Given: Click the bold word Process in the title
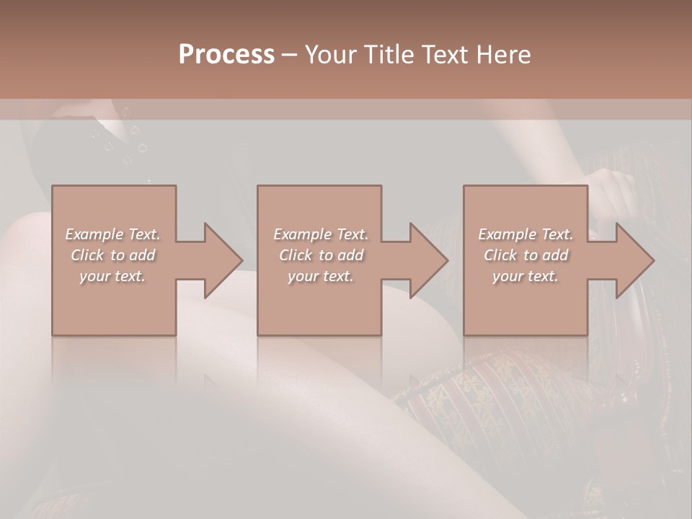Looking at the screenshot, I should click(226, 55).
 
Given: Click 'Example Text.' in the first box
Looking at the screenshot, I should click(112, 234).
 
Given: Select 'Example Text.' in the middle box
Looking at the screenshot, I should click(320, 234).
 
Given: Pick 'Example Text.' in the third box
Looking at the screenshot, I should click(525, 234).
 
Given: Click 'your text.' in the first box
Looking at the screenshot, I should click(112, 276).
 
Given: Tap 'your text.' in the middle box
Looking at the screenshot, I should click(320, 276).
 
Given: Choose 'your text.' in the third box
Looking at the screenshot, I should click(525, 276).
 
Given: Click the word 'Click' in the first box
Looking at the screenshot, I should click(86, 255).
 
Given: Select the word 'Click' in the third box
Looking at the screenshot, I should click(500, 255).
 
